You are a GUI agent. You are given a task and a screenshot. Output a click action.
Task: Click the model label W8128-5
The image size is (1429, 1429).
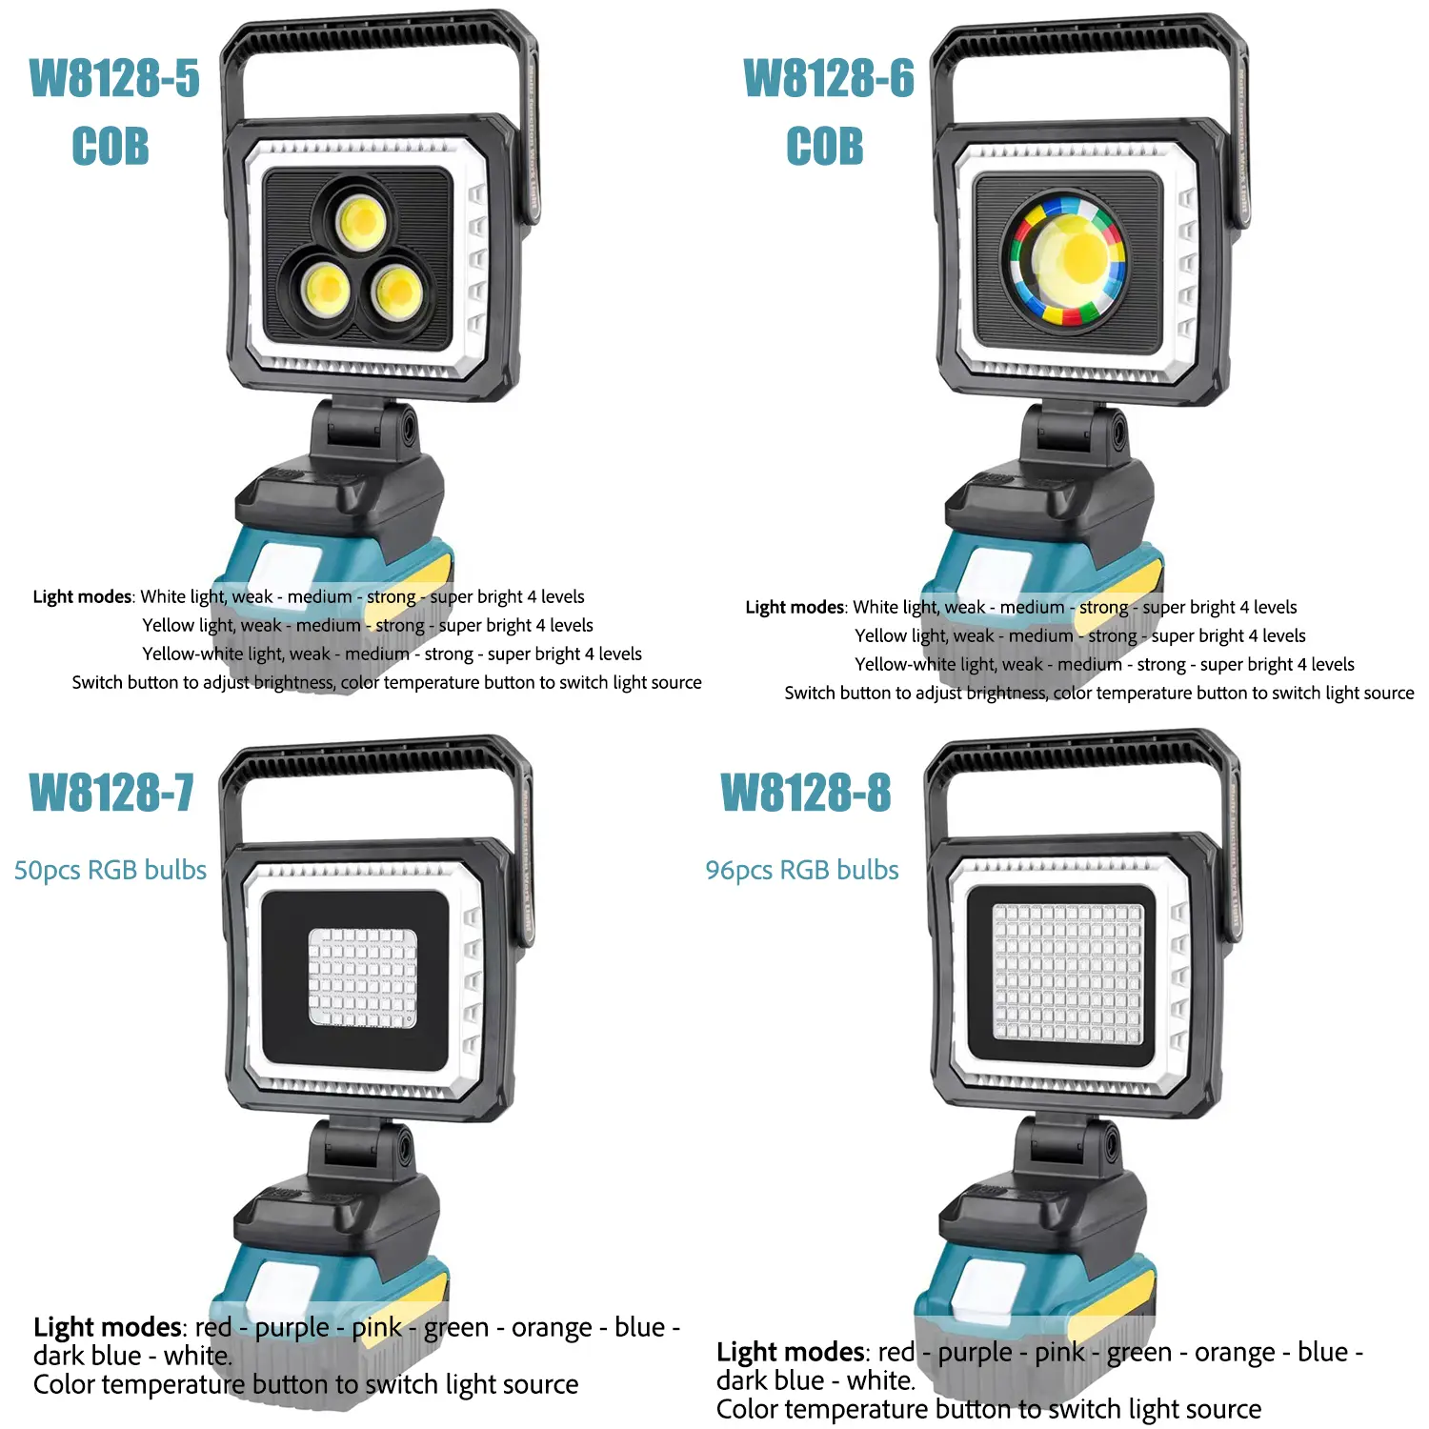[114, 78]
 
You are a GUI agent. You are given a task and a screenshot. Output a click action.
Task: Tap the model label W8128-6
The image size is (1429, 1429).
[829, 78]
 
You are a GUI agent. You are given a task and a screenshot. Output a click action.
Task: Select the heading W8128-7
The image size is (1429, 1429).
[111, 793]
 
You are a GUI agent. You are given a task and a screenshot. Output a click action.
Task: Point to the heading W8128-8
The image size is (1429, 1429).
[806, 793]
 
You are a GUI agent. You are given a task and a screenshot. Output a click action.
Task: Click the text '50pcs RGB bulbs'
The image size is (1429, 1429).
[111, 870]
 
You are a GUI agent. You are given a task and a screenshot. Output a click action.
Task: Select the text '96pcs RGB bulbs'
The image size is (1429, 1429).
[802, 870]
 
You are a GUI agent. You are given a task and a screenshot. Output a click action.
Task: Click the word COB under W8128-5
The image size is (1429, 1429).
[111, 147]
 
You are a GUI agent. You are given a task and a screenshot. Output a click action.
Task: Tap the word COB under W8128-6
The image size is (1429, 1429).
[825, 147]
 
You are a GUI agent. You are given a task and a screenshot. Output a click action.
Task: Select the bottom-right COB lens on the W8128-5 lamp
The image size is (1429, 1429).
[395, 291]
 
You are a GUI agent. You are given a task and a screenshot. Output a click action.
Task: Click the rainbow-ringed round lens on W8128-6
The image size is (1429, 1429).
[1068, 260]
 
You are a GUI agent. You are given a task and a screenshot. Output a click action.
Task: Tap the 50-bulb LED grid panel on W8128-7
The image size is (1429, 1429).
[363, 978]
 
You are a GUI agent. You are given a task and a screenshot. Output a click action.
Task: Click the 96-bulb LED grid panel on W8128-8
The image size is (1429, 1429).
[1067, 973]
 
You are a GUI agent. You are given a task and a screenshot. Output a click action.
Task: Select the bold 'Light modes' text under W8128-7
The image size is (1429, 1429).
[108, 1327]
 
